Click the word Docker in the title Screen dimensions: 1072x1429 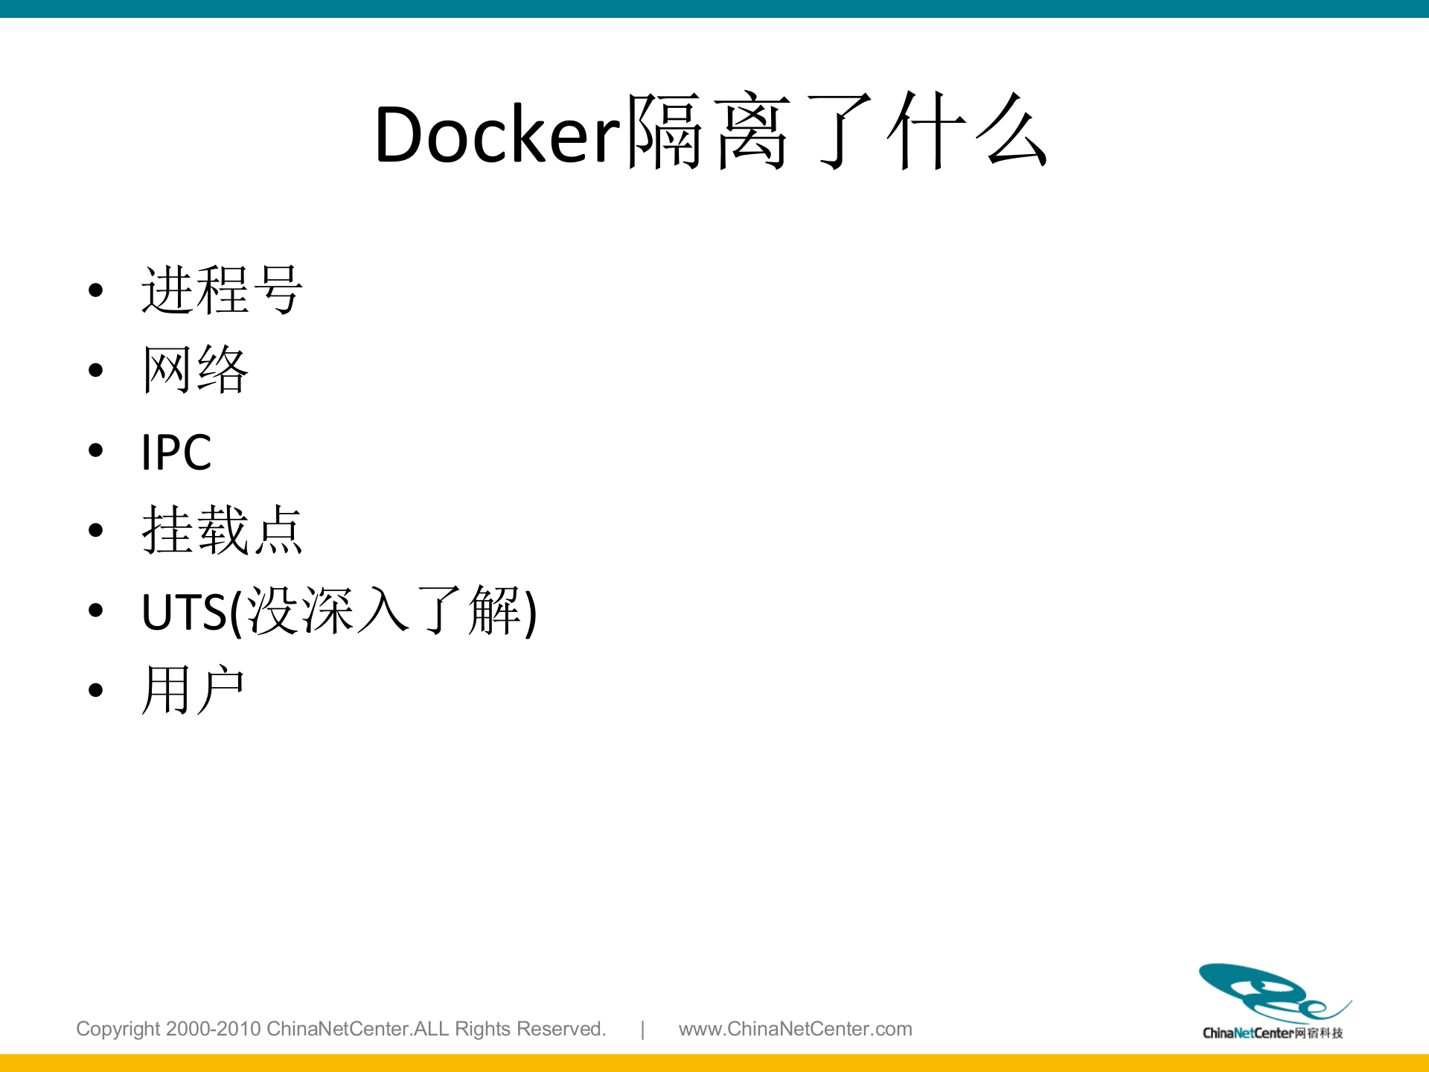click(497, 135)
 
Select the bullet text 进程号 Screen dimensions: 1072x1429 click(222, 290)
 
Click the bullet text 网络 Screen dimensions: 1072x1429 click(195, 369)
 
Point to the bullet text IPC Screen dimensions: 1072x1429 click(176, 452)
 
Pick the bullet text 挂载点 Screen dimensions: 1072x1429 click(222, 530)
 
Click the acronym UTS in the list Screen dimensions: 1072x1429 click(184, 612)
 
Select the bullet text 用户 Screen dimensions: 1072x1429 click(194, 690)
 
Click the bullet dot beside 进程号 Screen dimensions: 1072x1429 click(95, 290)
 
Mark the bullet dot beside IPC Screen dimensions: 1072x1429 click(95, 450)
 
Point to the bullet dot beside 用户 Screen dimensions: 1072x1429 click(95, 690)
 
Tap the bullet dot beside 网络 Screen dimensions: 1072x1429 click(95, 370)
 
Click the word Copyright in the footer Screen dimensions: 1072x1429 click(118, 1029)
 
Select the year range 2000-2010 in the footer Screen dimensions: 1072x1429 click(213, 1029)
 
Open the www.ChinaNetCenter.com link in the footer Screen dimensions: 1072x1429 click(795, 1029)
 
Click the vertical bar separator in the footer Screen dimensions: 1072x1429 click(642, 1029)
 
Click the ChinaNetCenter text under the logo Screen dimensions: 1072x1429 click(1247, 1033)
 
